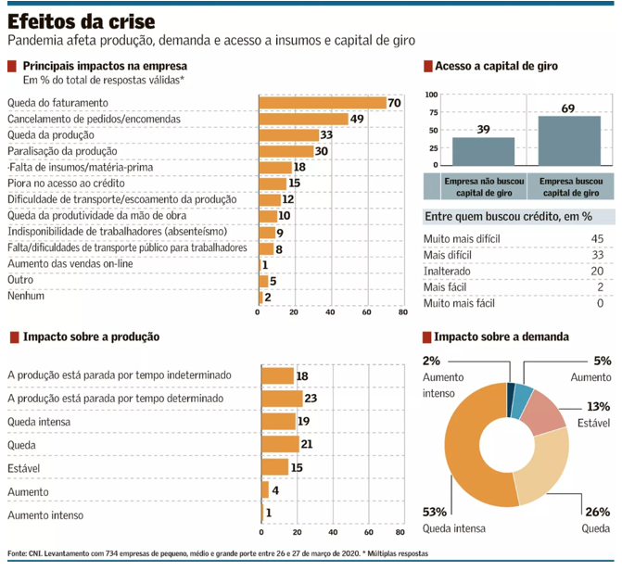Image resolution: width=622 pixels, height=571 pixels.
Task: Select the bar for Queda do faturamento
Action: [322, 103]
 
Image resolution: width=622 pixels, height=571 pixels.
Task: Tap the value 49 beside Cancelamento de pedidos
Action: [356, 119]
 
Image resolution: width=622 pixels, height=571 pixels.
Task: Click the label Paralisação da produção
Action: [62, 151]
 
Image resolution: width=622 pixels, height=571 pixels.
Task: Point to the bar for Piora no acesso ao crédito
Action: [272, 184]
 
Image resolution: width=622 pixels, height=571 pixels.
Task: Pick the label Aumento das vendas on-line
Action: [70, 265]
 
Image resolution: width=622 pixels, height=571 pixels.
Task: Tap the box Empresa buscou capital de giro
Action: [569, 186]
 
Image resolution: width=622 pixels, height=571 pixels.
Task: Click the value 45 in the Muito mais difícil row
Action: [597, 238]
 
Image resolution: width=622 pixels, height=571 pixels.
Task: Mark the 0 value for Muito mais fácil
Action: [600, 303]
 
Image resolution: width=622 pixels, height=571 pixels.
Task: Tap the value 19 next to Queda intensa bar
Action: [303, 421]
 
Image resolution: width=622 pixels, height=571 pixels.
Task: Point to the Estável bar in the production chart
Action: [274, 467]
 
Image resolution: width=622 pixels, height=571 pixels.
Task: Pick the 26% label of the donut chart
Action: [597, 512]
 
